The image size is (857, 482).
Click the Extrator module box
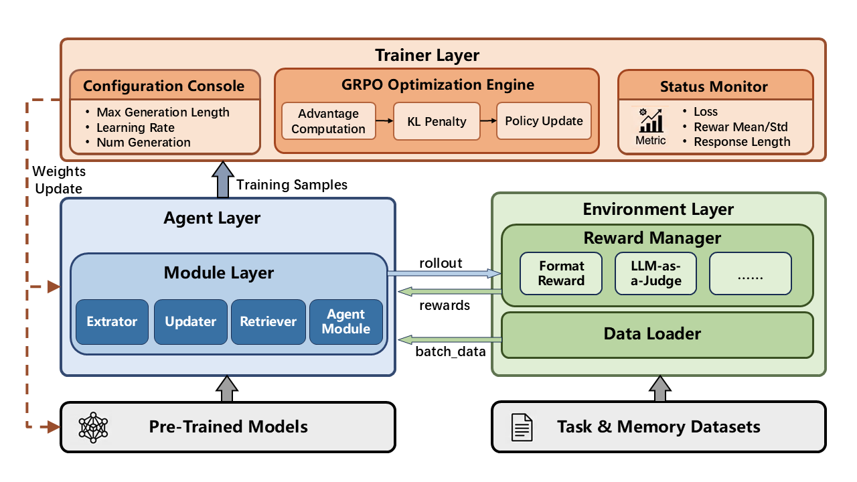(x=112, y=322)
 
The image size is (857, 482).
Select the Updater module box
(x=191, y=322)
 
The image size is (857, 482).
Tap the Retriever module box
(x=268, y=322)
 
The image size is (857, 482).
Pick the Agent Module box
(x=346, y=322)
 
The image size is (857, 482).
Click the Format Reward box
(x=561, y=274)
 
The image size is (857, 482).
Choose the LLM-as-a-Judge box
(x=655, y=274)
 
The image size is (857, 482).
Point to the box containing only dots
(x=751, y=274)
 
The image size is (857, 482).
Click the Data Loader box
(x=657, y=335)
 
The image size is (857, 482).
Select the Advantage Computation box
(x=329, y=121)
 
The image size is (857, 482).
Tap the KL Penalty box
(x=437, y=121)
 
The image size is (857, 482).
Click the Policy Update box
(x=544, y=121)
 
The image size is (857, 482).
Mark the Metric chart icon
(x=651, y=120)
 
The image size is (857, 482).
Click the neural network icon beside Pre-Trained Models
(x=93, y=427)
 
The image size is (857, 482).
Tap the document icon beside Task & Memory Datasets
(x=522, y=427)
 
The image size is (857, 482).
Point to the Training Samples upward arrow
(x=223, y=179)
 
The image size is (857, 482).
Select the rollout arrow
(x=444, y=274)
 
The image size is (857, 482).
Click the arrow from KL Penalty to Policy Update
(x=488, y=121)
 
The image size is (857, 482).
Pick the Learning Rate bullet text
(x=135, y=127)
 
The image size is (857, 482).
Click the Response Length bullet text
(x=742, y=142)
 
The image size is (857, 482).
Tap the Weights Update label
(x=59, y=180)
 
